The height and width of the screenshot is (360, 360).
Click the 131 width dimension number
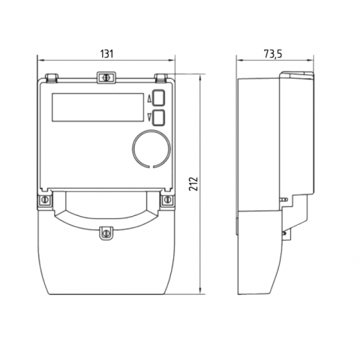(106, 54)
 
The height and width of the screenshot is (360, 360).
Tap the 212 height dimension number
(193, 184)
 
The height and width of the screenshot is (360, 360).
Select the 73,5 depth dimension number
(273, 54)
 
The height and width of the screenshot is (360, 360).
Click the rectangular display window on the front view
(97, 107)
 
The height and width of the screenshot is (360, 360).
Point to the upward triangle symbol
(150, 100)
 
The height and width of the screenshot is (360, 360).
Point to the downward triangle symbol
(150, 117)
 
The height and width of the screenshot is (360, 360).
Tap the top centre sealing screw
(106, 77)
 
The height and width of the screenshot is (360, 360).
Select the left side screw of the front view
(45, 199)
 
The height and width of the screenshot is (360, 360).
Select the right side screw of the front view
(167, 199)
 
